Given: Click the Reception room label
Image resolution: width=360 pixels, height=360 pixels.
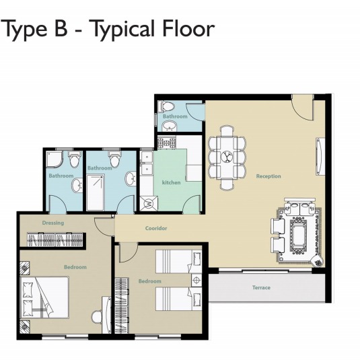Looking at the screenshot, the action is (268, 176).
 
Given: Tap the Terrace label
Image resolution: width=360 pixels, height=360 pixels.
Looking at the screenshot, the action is (261, 287).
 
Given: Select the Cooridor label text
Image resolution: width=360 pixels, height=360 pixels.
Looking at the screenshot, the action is (156, 228).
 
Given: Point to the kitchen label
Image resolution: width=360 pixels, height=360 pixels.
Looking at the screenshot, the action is (171, 182).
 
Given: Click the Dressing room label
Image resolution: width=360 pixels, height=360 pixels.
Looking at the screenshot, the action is (53, 223).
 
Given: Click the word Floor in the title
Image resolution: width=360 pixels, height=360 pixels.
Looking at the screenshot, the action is (188, 29).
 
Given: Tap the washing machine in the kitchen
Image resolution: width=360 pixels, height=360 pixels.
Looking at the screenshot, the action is (149, 203).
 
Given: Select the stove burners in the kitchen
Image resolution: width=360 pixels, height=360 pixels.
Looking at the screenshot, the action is (166, 143).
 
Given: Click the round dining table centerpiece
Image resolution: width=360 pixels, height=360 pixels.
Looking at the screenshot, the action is (227, 157).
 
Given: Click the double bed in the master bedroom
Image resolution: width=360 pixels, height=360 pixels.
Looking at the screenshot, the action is (44, 297).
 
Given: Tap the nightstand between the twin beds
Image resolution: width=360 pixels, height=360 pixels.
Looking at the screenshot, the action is (196, 280).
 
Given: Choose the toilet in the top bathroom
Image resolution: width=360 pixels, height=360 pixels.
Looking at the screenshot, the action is (167, 106).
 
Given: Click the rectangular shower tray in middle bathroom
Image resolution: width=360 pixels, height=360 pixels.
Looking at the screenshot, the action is (96, 192).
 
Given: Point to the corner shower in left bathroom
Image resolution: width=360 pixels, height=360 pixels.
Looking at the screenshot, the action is (55, 159).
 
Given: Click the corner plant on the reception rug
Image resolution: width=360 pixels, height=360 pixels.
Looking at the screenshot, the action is (318, 261).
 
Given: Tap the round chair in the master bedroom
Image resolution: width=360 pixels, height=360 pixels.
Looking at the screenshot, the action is (96, 317).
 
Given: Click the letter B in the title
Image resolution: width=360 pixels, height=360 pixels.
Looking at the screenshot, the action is (61, 29).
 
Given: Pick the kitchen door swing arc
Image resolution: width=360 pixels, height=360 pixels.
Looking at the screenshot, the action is (191, 202).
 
